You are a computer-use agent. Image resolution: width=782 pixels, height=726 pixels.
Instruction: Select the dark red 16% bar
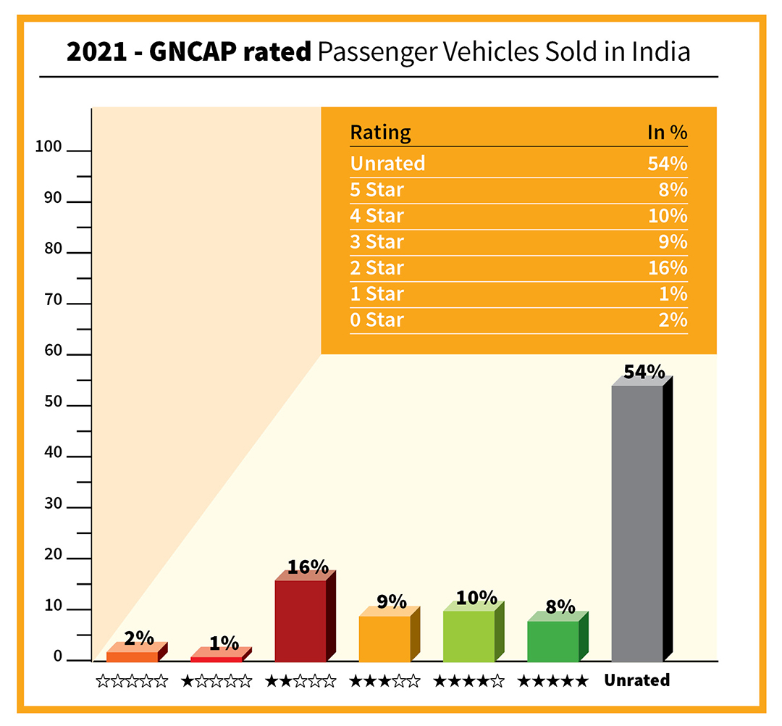(x=300, y=620)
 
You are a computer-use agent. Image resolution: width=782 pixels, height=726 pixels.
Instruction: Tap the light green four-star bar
(x=468, y=636)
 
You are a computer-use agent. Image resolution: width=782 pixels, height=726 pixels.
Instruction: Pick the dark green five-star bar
(x=552, y=641)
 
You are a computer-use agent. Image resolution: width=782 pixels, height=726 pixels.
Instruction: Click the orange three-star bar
(x=384, y=638)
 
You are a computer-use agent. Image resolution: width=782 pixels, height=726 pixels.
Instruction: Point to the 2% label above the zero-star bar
(x=139, y=638)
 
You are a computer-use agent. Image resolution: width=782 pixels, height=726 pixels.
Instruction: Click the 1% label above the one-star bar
(x=224, y=643)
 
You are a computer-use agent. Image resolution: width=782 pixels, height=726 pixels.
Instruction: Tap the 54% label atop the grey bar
(x=644, y=372)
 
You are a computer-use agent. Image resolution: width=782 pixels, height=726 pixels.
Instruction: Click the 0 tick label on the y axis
(x=58, y=657)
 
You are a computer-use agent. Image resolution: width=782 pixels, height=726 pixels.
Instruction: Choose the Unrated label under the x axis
(x=637, y=680)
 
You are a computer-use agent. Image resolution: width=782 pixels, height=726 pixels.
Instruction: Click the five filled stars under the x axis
(x=552, y=681)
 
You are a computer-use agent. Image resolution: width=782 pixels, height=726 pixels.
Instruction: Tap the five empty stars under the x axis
(x=132, y=681)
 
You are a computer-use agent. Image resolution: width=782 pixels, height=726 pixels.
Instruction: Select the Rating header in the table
(x=380, y=133)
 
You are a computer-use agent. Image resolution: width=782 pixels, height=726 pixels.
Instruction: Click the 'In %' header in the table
(x=666, y=133)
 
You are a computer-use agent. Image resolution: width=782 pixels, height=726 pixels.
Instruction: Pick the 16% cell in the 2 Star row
(x=667, y=267)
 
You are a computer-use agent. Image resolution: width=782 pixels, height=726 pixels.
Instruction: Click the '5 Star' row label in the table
(x=377, y=189)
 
